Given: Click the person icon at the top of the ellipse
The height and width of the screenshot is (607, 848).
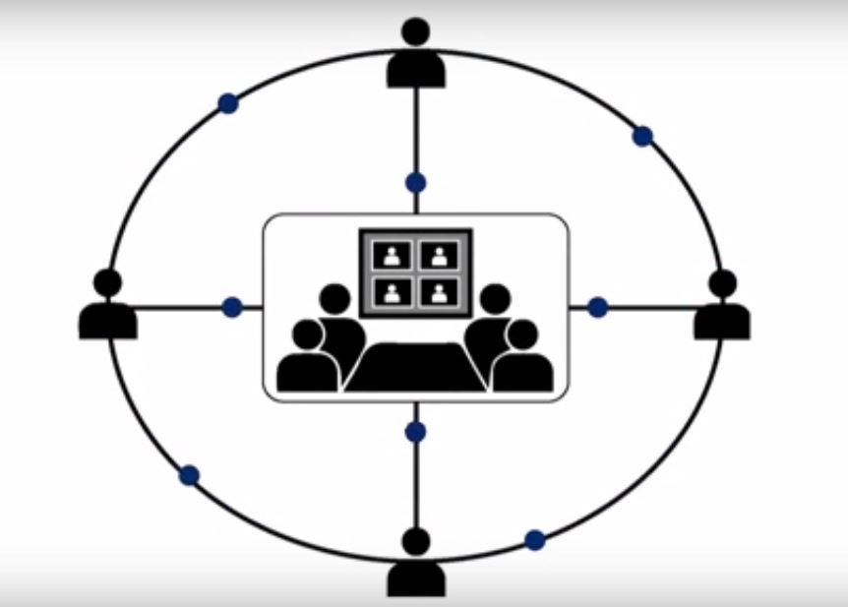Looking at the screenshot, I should [416, 54].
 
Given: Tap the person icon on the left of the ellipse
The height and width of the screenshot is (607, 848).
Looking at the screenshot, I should [107, 308].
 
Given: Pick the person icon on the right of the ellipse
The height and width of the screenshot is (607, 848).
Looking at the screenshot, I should [722, 308].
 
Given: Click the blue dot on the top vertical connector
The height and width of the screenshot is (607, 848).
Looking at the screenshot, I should [416, 183].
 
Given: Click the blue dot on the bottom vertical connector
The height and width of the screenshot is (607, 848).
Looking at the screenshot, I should [416, 431].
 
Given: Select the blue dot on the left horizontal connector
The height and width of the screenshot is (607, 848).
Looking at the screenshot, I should [232, 308].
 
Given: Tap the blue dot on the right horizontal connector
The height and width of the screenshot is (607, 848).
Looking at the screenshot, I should [597, 308].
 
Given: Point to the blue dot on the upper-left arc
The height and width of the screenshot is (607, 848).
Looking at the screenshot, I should [228, 103].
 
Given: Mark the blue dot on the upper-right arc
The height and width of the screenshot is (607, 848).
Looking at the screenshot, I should [642, 137].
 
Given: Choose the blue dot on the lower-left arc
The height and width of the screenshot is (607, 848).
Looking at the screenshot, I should [190, 476].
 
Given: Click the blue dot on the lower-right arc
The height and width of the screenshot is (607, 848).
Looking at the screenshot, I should [534, 539].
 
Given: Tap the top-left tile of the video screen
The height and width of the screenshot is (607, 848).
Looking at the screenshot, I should [393, 256].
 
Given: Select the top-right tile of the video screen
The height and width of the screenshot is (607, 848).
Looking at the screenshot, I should [440, 256].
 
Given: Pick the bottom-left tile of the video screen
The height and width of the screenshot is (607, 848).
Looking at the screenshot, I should [393, 292].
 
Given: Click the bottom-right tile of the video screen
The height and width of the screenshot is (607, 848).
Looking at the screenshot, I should [440, 292].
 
